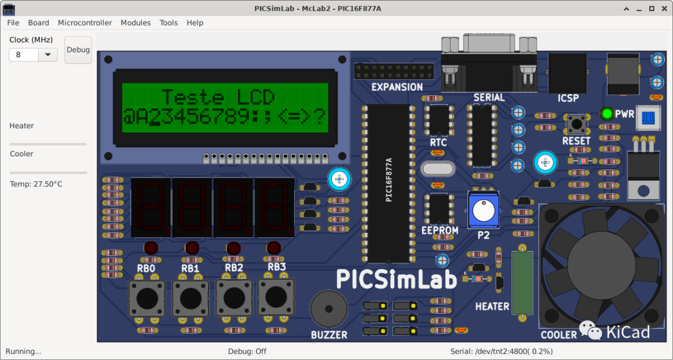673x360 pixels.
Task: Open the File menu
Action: pos(13,22)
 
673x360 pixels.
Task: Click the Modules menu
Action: pos(135,22)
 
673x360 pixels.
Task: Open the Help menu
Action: pos(195,22)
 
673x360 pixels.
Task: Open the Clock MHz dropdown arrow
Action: pos(47,55)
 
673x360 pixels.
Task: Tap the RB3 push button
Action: pos(276,296)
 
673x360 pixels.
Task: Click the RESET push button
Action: pos(576,123)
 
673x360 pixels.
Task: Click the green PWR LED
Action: pos(606,114)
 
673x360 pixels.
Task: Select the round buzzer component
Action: pos(329,310)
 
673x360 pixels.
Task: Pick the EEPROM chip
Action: pos(439,208)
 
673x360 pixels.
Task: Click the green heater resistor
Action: pos(522,283)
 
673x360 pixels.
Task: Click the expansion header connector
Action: pos(389,71)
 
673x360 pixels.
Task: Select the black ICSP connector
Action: pos(567,73)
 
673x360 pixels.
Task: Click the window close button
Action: pos(664,9)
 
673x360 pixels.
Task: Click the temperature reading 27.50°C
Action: pos(36,184)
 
